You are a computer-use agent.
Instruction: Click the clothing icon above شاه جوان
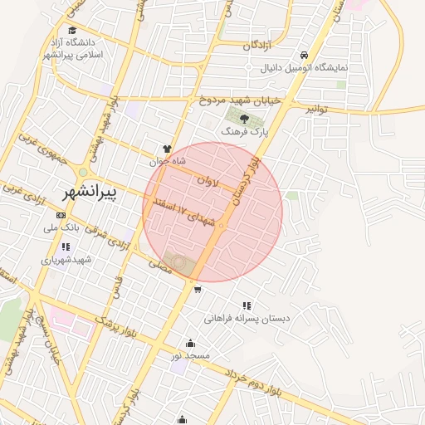pyautogui.click(x=167, y=149)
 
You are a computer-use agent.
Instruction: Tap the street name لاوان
pyautogui.click(x=208, y=178)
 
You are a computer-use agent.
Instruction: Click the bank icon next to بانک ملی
pyautogui.click(x=61, y=215)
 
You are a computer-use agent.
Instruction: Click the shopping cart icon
pyautogui.click(x=198, y=289)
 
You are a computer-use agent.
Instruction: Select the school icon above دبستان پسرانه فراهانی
pyautogui.click(x=246, y=305)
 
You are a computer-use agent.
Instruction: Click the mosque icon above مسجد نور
pyautogui.click(x=190, y=343)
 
